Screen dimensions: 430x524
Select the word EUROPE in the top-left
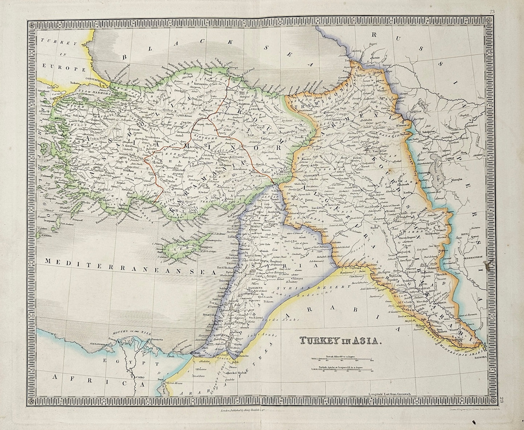coord(63,67)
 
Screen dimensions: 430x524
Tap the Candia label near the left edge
coord(45,235)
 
